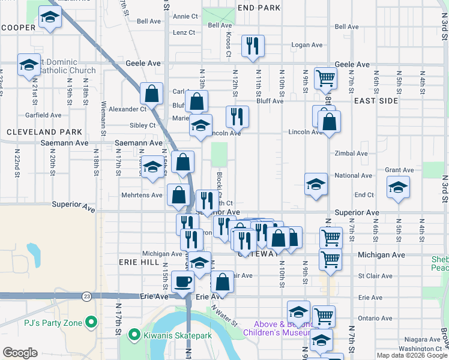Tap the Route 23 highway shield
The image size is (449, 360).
coord(88,296)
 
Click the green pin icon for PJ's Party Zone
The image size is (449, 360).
coord(91,323)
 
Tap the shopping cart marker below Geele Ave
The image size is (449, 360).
coord(325,77)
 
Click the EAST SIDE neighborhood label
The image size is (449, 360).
coord(376,101)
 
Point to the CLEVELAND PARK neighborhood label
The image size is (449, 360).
coord(44,131)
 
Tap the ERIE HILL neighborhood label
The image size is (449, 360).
coord(126,263)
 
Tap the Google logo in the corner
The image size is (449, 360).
coord(20,353)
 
